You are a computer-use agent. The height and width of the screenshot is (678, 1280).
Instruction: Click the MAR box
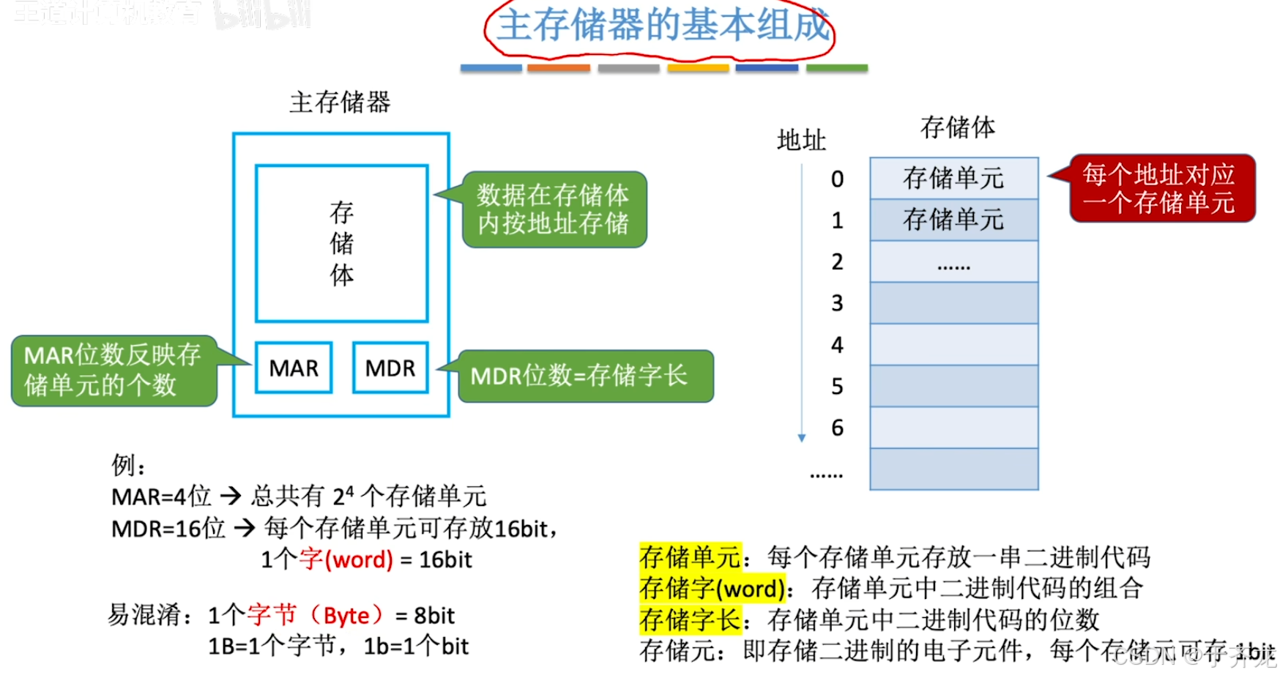pos(294,368)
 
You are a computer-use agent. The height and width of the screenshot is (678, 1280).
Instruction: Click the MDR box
pos(390,368)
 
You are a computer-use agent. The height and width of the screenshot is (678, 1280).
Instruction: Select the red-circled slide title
pos(661,26)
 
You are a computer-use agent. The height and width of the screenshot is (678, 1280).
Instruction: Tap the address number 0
pos(837,179)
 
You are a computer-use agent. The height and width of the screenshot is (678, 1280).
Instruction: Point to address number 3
pos(837,303)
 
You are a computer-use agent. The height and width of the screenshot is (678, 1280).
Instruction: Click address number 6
pos(837,428)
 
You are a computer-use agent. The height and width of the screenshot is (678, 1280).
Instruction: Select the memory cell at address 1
pos(953,220)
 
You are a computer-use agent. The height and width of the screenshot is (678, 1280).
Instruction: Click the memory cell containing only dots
pos(953,261)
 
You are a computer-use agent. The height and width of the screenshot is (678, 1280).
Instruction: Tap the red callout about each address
pos(1161,188)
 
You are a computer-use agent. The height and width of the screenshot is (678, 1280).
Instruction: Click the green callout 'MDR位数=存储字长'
pos(584,376)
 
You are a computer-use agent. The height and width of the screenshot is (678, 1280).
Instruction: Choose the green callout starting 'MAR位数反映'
pos(114,370)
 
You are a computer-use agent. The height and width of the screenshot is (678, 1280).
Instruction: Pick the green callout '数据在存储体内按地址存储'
pos(554,209)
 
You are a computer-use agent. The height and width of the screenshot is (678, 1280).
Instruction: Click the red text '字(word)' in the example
pos(346,559)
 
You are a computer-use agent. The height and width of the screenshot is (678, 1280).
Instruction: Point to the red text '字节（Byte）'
pos(316,615)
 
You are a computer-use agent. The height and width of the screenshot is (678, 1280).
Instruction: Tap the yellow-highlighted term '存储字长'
pos(690,620)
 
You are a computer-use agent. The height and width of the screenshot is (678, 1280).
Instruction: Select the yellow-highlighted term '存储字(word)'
pos(712,589)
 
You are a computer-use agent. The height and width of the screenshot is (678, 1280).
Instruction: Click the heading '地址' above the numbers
pos(801,140)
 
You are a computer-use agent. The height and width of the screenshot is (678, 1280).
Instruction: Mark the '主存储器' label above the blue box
pos(340,103)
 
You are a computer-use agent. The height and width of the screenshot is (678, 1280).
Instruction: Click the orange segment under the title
pos(558,68)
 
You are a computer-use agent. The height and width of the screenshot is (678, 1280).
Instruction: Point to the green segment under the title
pos(836,68)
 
